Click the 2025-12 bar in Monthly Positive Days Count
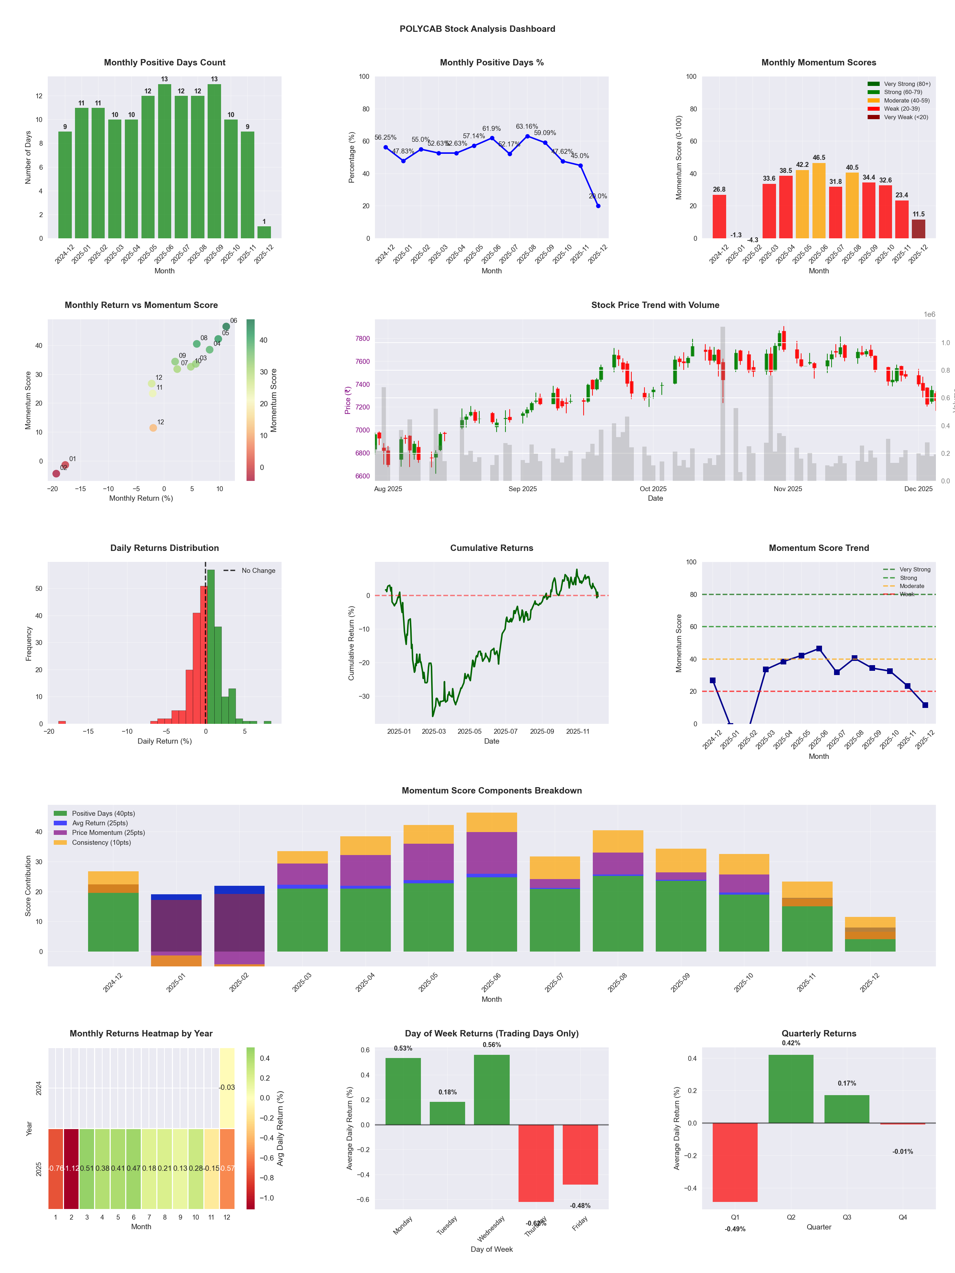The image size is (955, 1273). [x=264, y=232]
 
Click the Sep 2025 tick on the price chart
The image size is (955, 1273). [x=522, y=489]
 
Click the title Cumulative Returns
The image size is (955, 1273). [x=491, y=548]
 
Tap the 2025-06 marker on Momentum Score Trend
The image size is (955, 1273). [x=818, y=649]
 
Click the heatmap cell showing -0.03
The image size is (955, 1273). [x=227, y=1087]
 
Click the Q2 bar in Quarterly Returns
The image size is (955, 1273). [x=791, y=1088]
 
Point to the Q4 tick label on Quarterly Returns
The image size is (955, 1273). [x=902, y=1217]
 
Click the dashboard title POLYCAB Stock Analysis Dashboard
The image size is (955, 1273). [x=477, y=29]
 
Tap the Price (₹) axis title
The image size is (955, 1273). [x=348, y=400]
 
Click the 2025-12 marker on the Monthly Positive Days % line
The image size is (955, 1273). [x=598, y=205]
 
